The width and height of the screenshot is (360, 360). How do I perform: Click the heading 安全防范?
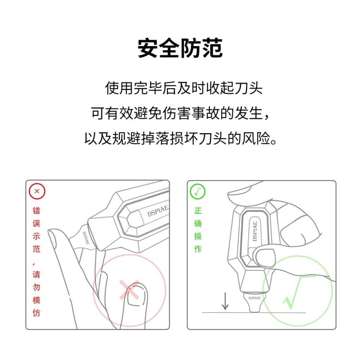click(180, 49)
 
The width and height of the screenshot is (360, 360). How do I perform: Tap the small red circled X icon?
click(37, 192)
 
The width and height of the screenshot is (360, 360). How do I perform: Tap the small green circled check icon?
click(197, 192)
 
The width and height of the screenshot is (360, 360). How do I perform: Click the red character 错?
click(37, 211)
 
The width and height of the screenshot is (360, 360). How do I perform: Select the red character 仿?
click(37, 313)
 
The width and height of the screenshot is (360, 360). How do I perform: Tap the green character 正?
click(198, 211)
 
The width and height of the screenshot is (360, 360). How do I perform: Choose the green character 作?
click(198, 249)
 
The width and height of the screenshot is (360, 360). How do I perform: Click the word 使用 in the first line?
click(119, 88)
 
